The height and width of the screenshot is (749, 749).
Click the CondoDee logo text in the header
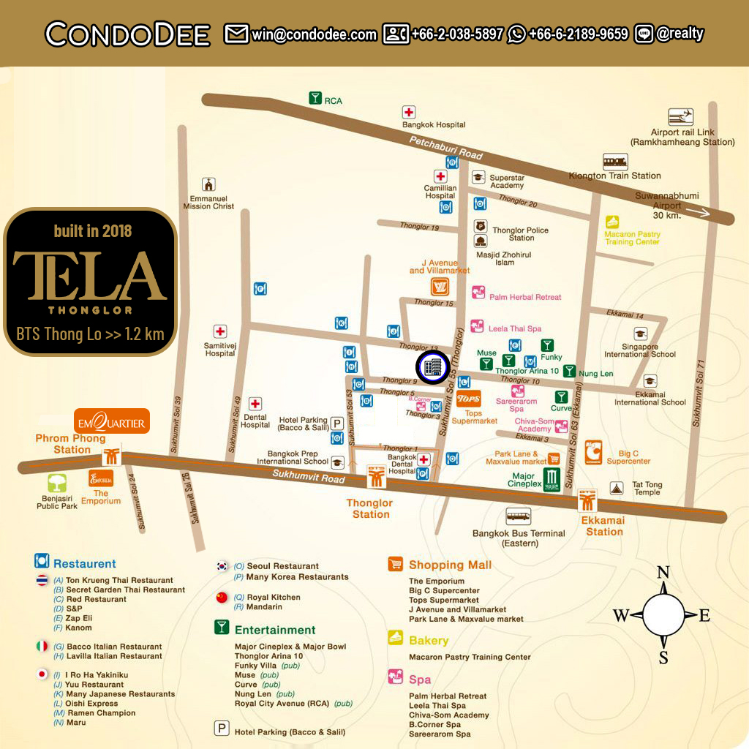pyautogui.click(x=128, y=34)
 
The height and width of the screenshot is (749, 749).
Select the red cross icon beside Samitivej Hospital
pyautogui.click(x=219, y=331)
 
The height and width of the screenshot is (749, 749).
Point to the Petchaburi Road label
pyautogui.click(x=445, y=148)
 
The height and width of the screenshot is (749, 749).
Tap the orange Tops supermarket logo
pyautogui.click(x=468, y=399)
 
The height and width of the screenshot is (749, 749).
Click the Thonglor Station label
pyautogui.click(x=370, y=508)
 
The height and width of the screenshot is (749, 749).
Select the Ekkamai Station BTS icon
pyautogui.click(x=587, y=500)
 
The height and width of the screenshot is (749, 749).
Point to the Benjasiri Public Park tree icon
pyautogui.click(x=57, y=483)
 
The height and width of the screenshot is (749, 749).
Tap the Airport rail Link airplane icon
pyautogui.click(x=681, y=117)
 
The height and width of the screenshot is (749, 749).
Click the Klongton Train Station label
pyautogui.click(x=614, y=176)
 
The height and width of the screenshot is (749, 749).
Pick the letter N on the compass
pyautogui.click(x=663, y=572)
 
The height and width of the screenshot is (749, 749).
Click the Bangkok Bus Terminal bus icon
pyautogui.click(x=518, y=516)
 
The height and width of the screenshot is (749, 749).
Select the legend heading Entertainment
pyautogui.click(x=274, y=630)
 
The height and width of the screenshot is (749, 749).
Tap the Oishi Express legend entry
pyautogui.click(x=91, y=704)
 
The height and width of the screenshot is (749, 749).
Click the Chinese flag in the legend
pyautogui.click(x=222, y=598)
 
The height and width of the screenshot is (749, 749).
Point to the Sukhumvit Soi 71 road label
pyautogui.click(x=699, y=395)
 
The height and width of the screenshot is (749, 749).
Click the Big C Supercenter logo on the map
pyautogui.click(x=593, y=453)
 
